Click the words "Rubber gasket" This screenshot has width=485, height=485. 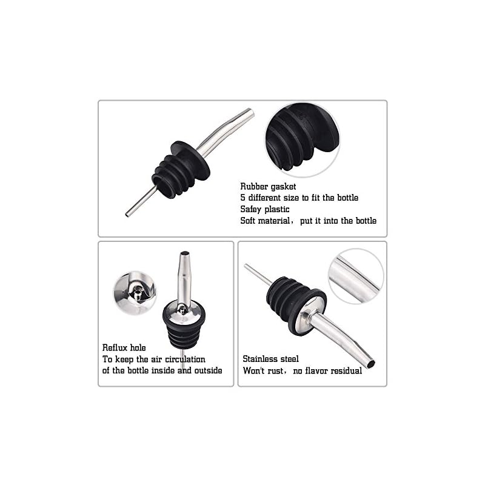pyautogui.click(x=268, y=187)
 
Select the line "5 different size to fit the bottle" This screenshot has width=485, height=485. pyautogui.click(x=299, y=198)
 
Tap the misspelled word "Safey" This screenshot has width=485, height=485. pyautogui.click(x=250, y=209)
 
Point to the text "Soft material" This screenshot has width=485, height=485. pyautogui.click(x=265, y=221)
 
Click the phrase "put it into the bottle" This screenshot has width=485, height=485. pyautogui.click(x=338, y=221)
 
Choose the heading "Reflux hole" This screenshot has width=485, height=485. pyautogui.click(x=124, y=347)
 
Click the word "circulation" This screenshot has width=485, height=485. pyautogui.click(x=185, y=359)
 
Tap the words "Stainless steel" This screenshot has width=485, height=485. pyautogui.click(x=270, y=359)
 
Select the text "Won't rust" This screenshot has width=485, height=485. pyautogui.click(x=263, y=370)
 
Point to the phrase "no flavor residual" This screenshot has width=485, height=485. pyautogui.click(x=327, y=370)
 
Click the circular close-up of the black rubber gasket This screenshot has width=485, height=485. pyautogui.click(x=302, y=139)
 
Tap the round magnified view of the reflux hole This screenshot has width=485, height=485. pyautogui.click(x=135, y=293)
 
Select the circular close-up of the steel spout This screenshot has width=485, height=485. pyautogui.click(x=356, y=276)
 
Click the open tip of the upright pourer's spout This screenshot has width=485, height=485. pyautogui.click(x=185, y=253)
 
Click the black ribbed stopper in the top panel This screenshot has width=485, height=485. pyautogui.click(x=181, y=170)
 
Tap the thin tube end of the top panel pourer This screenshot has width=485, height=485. pyautogui.click(x=127, y=215)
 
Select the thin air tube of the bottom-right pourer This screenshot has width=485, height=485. pyautogui.click(x=258, y=275)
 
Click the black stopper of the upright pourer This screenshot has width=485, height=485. pyautogui.click(x=184, y=326)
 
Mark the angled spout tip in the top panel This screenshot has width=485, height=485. pyautogui.click(x=250, y=113)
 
